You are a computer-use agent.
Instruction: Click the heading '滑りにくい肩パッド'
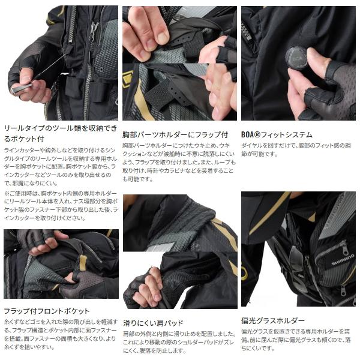[153, 323]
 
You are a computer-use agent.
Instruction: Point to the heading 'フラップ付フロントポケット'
[47, 311]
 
